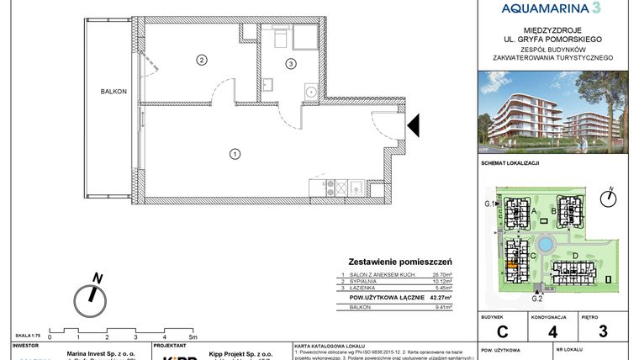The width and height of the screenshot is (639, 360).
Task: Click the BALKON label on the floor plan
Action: click(x=114, y=92)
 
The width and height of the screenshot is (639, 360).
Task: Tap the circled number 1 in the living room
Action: click(x=235, y=153)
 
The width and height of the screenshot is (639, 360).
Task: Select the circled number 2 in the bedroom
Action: click(x=201, y=59)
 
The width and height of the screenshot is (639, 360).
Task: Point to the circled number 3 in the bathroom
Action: click(x=290, y=63)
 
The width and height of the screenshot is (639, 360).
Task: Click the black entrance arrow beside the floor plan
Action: click(x=413, y=126)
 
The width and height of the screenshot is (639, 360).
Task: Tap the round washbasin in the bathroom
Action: click(x=309, y=89)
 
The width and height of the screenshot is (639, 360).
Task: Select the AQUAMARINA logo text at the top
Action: click(x=551, y=8)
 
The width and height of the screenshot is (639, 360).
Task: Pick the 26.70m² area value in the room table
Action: click(x=441, y=275)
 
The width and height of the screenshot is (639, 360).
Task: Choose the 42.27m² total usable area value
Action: click(x=438, y=297)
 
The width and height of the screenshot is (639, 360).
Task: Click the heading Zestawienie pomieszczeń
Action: click(x=401, y=262)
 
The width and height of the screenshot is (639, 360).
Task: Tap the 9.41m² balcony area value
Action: click(x=443, y=308)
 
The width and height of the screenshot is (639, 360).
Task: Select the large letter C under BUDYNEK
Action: click(x=501, y=331)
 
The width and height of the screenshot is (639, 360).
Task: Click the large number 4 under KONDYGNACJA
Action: click(x=552, y=331)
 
